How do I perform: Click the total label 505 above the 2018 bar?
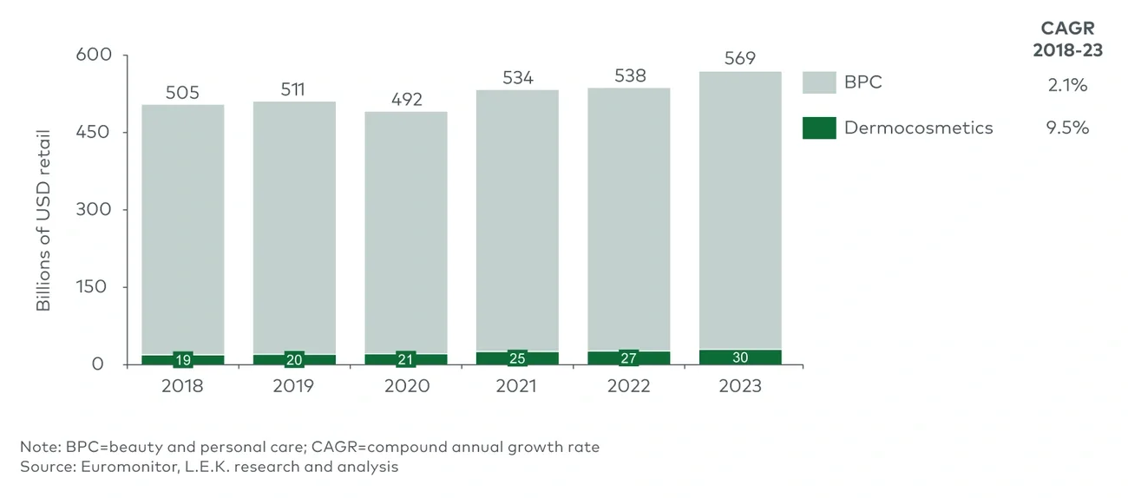[182, 93]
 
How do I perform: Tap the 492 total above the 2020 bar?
[406, 100]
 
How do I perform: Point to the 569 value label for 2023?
[740, 59]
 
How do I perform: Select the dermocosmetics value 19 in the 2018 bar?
[182, 359]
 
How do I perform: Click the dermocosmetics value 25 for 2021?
[518, 357]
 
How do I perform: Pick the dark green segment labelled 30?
[740, 357]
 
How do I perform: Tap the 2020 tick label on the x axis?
[406, 386]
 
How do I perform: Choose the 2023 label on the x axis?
[740, 386]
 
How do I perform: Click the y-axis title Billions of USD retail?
[44, 220]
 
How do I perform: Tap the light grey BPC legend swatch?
[819, 83]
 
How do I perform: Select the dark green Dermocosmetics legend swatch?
[819, 128]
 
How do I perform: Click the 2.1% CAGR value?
[1067, 85]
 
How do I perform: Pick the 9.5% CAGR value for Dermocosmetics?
[1067, 128]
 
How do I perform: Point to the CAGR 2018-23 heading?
[1068, 40]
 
